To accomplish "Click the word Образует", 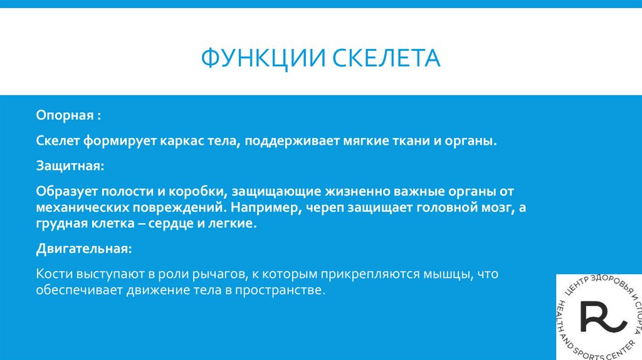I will pyautogui.click(x=64, y=191).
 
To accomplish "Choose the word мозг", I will pyautogui.click(x=488, y=207).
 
